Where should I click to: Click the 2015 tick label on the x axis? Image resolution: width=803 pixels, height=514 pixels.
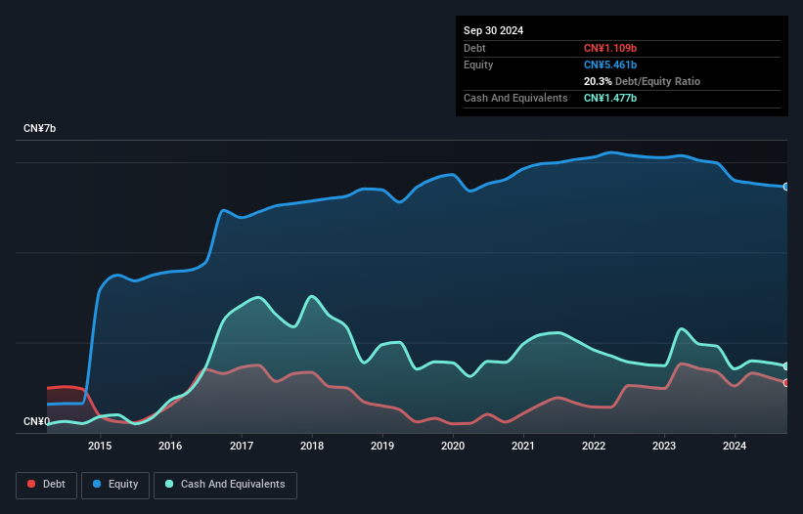100,446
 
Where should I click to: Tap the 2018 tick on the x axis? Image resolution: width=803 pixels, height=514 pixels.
312,446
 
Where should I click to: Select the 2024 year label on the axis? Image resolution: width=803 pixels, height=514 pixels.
735,446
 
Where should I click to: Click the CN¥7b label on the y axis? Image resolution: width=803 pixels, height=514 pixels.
40,129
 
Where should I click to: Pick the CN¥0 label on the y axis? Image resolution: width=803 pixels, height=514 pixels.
36,422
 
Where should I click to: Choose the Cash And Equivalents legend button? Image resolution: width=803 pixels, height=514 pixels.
225,485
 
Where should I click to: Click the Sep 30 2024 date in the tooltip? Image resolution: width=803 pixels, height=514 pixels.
493,30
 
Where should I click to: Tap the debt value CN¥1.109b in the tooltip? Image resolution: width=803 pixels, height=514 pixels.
609,48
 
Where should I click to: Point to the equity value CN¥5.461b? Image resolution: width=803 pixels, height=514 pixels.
609,64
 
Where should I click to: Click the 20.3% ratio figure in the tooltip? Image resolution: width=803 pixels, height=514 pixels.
598,81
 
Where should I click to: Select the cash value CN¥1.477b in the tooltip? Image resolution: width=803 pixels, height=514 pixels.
609,98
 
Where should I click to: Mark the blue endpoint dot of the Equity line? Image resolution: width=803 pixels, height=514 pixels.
786,187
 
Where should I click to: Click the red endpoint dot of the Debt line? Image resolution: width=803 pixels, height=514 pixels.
786,382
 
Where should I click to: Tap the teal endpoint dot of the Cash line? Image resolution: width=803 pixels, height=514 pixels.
786,366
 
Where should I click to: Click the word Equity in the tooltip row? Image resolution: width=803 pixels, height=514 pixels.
478,64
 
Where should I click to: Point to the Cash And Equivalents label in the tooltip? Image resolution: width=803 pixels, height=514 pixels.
515,98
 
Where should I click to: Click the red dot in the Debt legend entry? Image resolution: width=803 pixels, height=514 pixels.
31,485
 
